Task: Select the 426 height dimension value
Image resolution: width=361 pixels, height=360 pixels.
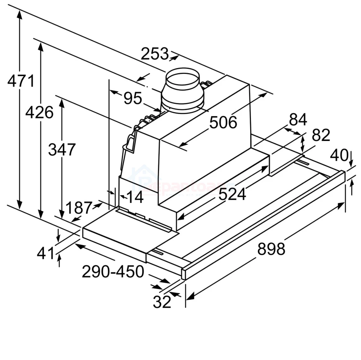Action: [x=39, y=112]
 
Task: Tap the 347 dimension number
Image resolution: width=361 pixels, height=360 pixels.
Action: [x=62, y=149]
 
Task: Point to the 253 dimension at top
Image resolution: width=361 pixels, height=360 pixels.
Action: [x=155, y=54]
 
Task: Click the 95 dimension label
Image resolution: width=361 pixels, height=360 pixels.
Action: [x=133, y=98]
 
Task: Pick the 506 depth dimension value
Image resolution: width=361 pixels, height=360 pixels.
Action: [x=223, y=122]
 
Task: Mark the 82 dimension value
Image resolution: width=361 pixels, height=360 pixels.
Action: [x=321, y=135]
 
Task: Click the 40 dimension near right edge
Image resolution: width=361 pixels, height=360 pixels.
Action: [x=339, y=155]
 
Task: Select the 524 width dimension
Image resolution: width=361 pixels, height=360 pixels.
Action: [x=232, y=194]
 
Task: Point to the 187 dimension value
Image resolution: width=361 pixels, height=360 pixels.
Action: [x=79, y=208]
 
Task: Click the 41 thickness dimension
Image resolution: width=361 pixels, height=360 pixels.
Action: [x=46, y=253]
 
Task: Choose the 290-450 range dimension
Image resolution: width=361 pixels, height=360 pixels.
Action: [x=113, y=271]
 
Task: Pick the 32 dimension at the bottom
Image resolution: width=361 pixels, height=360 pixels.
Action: [x=162, y=302]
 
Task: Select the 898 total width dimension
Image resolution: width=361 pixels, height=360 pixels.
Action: [x=271, y=249]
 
